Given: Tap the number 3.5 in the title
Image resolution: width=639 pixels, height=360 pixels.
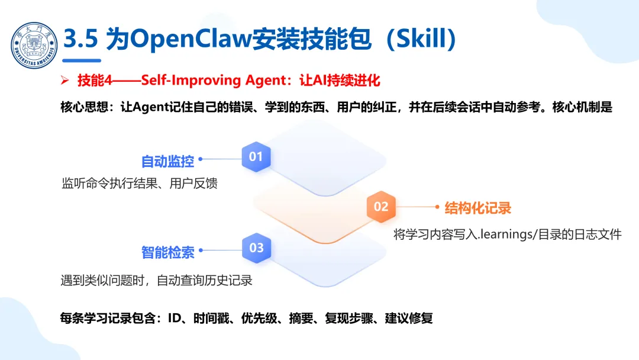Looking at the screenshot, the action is [81, 40].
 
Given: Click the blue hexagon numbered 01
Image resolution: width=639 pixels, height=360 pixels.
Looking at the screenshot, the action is [256, 157].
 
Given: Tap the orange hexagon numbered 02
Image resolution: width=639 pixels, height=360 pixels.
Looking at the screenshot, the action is [381, 206].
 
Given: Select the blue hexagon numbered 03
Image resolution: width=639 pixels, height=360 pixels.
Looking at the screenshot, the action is [256, 247].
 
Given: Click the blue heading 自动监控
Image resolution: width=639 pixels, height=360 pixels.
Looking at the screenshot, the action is [167, 161].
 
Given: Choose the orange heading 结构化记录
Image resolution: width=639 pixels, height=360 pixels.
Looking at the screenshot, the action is [477, 208].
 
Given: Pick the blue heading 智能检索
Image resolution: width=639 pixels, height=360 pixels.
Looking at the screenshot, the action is [167, 252].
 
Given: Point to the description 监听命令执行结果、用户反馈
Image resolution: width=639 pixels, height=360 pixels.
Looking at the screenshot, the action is [140, 183].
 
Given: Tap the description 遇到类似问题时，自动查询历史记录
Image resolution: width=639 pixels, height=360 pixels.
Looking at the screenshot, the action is [156, 280].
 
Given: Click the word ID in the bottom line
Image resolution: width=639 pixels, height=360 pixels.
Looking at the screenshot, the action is [174, 318].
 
